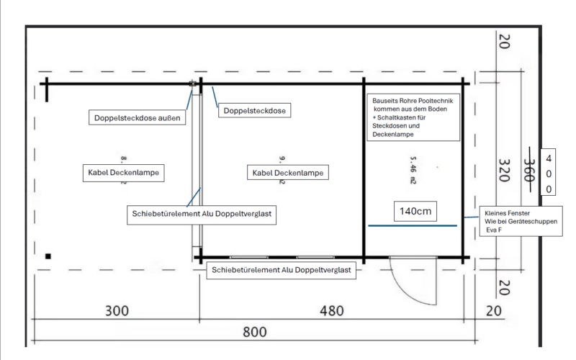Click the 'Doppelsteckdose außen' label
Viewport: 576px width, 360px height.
tap(137, 117)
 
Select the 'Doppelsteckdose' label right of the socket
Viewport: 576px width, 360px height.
tap(254, 111)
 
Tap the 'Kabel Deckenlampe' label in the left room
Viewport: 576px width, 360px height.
tap(122, 173)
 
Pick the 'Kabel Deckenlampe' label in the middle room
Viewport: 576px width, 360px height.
tap(287, 173)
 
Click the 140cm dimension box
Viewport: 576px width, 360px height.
tap(417, 211)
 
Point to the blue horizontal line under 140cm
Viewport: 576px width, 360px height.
tap(412, 225)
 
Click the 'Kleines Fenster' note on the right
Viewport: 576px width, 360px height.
tap(523, 222)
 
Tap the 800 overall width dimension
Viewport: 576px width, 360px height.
tap(254, 332)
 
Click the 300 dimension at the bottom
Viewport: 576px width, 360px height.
tap(117, 311)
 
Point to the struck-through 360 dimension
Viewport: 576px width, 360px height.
tap(529, 171)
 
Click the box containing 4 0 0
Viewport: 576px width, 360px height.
tap(549, 174)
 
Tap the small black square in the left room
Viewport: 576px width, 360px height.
tap(48, 256)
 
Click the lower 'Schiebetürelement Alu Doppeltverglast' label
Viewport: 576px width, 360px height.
tap(280, 270)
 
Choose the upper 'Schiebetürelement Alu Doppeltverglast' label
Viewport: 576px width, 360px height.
tap(202, 214)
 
